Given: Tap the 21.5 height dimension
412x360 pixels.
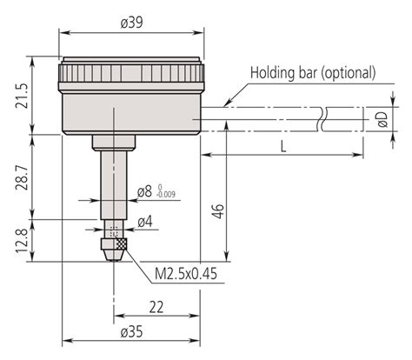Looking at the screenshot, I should point(11,95).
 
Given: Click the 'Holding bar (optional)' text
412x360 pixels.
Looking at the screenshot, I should point(312,73).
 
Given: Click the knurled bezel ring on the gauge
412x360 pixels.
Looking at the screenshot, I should point(132,70).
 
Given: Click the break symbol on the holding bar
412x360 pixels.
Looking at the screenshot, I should point(323,115).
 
